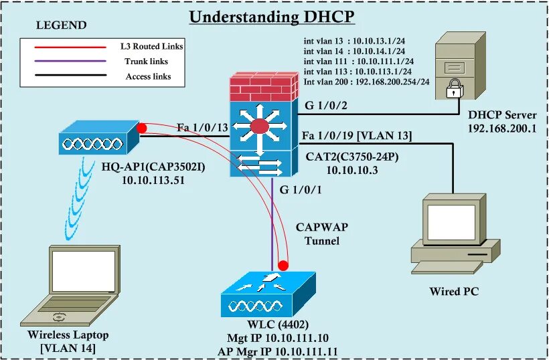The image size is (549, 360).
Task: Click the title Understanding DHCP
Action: (271, 16)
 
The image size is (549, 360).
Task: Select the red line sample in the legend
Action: (64, 47)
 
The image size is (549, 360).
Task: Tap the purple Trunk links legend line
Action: (64, 62)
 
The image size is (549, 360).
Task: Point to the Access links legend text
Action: (148, 76)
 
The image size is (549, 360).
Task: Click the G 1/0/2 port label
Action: (325, 105)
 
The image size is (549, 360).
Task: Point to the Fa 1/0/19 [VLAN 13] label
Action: (356, 136)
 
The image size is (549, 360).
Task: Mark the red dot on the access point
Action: (142, 128)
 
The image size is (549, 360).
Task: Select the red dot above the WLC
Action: (284, 264)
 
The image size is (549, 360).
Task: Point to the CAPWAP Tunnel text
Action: (321, 234)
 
